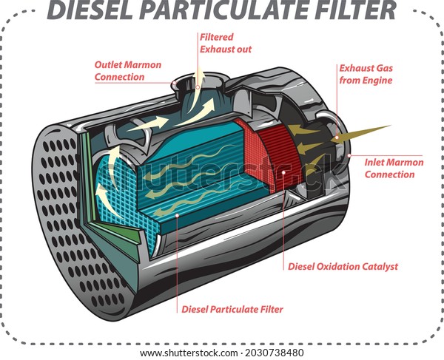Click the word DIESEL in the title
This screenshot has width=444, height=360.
pyautogui.click(x=90, y=10)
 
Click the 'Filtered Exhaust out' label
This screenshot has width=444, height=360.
pyautogui.click(x=226, y=44)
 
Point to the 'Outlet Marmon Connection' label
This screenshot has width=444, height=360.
pyautogui.click(x=128, y=71)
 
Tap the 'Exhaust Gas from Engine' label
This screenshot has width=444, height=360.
pyautogui.click(x=366, y=74)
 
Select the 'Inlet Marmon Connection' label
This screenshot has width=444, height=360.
pyautogui.click(x=394, y=169)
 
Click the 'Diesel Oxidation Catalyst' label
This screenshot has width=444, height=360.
pyautogui.click(x=343, y=266)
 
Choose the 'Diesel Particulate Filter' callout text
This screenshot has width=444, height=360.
pyautogui.click(x=232, y=309)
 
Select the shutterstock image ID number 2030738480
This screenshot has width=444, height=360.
pyautogui.click(x=275, y=353)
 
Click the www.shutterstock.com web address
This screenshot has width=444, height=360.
pyautogui.click(x=189, y=353)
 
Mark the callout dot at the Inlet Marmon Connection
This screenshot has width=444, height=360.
pyautogui.click(x=349, y=155)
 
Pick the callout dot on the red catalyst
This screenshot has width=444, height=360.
pyautogui.click(x=283, y=172)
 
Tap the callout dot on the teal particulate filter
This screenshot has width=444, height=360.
pyautogui.click(x=178, y=215)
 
